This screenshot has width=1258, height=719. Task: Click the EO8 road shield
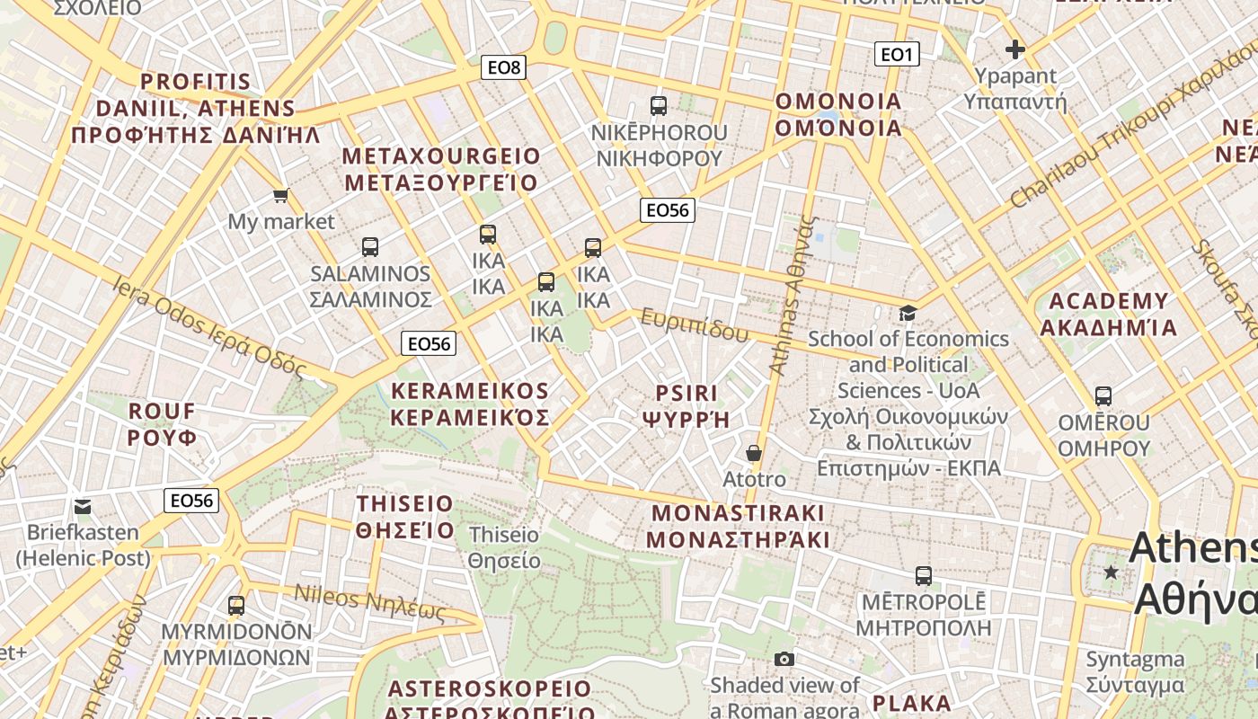503,67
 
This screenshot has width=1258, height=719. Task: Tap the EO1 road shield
896,55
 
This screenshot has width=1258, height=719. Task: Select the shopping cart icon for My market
280,195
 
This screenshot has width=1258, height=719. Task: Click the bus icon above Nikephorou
659,106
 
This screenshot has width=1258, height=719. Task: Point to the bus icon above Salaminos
369,247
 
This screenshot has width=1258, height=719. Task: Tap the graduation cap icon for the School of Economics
908,313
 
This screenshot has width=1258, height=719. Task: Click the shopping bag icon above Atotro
754,453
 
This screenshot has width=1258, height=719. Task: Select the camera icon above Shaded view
784,659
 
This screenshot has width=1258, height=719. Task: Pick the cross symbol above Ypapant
1015,49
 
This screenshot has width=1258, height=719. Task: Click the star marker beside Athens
1112,572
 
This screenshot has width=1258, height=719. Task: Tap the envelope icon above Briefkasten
83,507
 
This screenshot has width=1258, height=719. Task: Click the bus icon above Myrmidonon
236,606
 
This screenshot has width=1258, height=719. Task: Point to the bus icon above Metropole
923,576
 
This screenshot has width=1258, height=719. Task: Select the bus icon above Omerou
1103,396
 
